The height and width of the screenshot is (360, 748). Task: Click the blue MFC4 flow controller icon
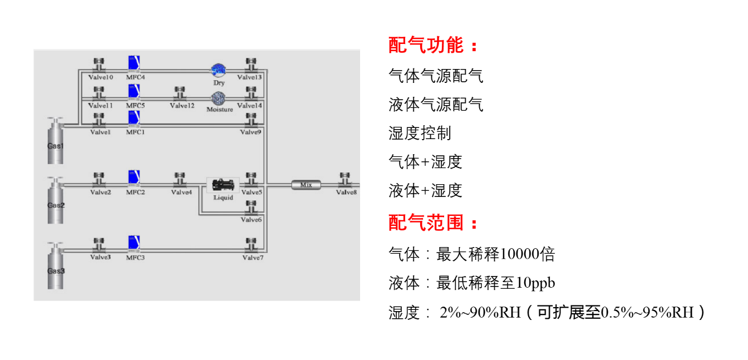click(134, 63)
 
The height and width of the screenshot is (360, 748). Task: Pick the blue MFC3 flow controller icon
click(134, 244)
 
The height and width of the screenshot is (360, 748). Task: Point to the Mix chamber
click(306, 185)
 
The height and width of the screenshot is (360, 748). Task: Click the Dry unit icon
click(218, 70)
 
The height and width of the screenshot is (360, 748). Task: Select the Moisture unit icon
click(218, 98)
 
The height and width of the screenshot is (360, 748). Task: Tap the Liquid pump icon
click(223, 185)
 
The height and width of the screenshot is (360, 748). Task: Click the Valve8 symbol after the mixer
click(345, 179)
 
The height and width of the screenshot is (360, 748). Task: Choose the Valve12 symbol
click(180, 93)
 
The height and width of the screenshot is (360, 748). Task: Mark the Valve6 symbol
click(251, 208)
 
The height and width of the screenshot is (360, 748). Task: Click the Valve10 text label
click(101, 77)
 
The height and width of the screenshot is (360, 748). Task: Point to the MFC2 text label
click(135, 192)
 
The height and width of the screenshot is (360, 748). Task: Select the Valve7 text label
click(253, 258)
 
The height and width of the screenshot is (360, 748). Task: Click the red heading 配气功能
click(426, 45)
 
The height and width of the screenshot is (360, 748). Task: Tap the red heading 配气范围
click(426, 223)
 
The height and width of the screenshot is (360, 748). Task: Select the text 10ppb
click(535, 283)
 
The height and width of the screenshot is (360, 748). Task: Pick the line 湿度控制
click(420, 133)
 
